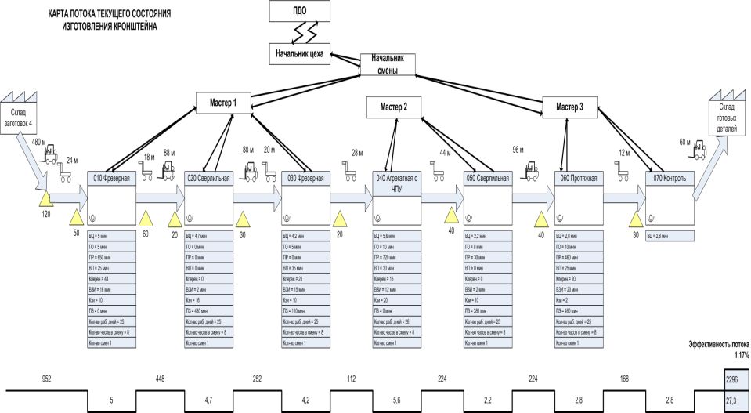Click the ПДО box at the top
[x=299, y=12]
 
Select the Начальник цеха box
[x=299, y=54]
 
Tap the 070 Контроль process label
[x=670, y=179]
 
